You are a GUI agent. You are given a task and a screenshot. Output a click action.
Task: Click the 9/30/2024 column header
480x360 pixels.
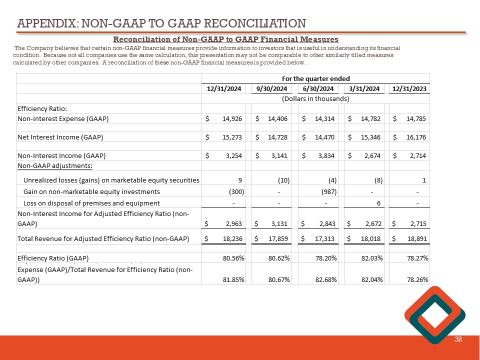(272, 88)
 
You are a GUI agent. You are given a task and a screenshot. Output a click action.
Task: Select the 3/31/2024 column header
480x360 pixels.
(362, 88)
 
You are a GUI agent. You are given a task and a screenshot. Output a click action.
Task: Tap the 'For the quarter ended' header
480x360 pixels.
(315, 78)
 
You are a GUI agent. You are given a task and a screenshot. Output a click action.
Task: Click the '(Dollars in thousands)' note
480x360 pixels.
(315, 98)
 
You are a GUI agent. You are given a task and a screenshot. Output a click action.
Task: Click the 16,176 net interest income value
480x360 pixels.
(415, 136)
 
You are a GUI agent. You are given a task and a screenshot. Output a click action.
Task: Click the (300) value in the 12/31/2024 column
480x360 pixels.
(233, 191)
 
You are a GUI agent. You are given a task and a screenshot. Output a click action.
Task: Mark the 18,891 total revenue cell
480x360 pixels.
(415, 239)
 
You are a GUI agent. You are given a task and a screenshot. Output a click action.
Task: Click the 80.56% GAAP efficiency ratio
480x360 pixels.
(233, 258)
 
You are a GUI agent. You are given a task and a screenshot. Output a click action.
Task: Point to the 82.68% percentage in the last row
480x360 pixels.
(326, 279)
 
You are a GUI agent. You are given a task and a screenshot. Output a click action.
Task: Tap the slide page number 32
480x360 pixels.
(458, 339)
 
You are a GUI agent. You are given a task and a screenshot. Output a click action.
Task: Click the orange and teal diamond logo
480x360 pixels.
(434, 315)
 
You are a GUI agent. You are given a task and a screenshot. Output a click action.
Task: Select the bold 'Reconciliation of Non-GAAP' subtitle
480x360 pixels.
(226, 39)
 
